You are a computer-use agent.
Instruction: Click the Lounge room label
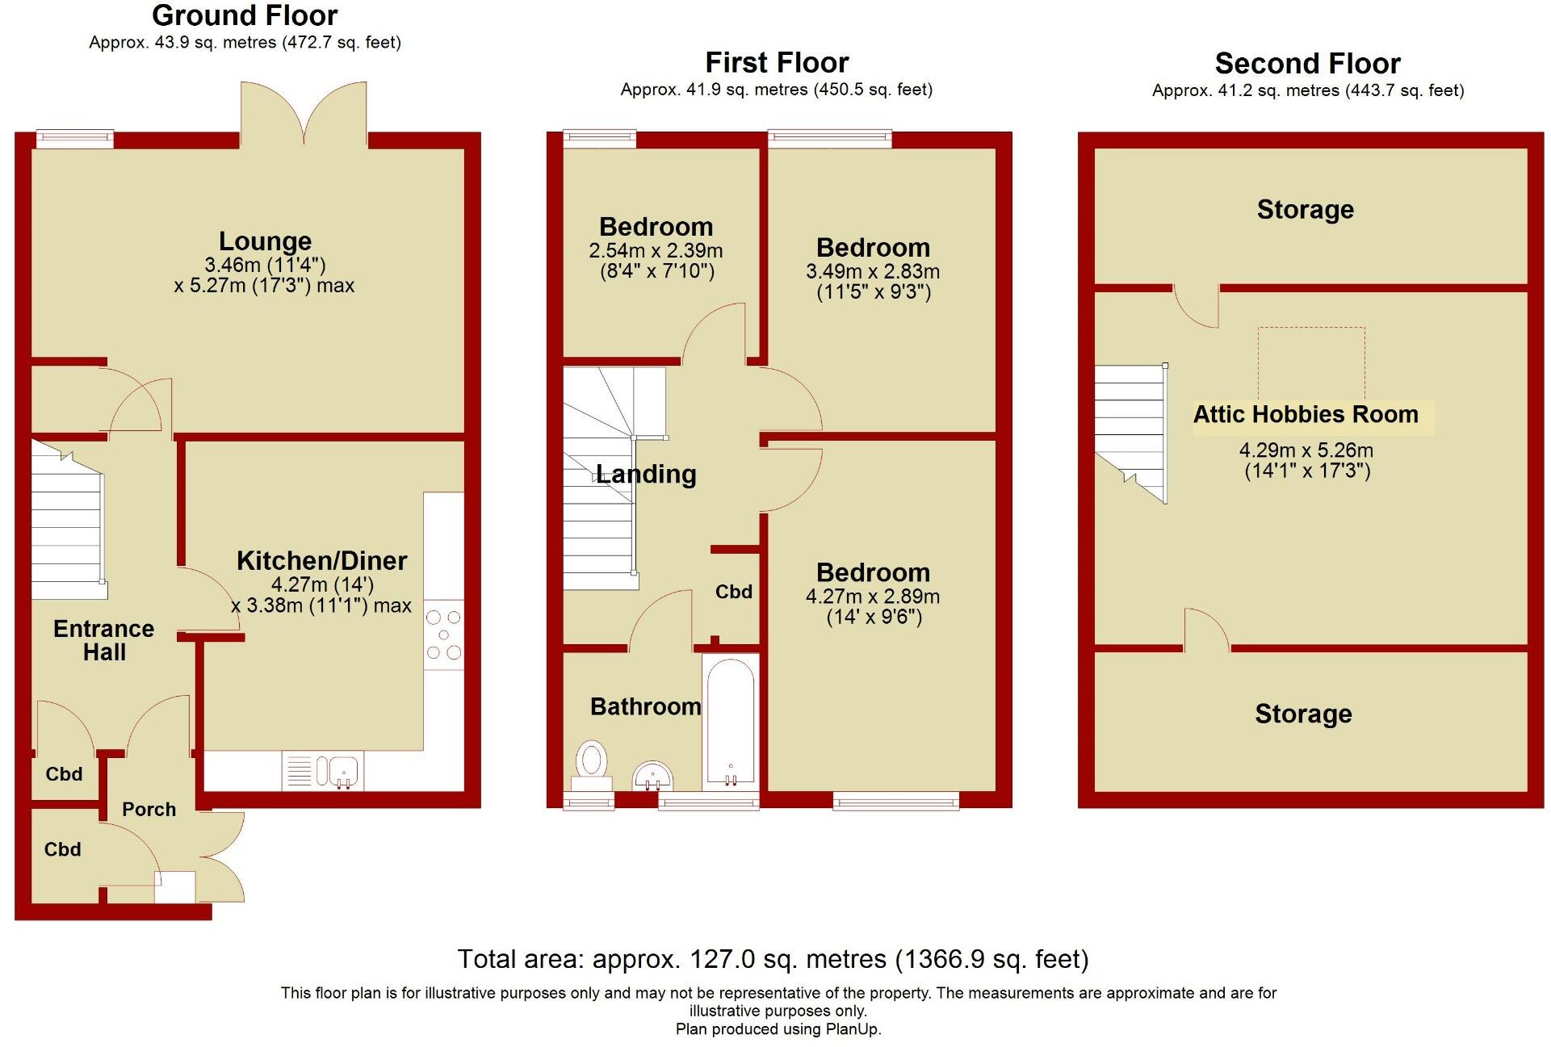(265, 241)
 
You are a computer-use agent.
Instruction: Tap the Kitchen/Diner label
(321, 561)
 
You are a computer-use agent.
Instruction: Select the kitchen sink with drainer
(323, 771)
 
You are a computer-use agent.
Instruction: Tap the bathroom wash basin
(653, 777)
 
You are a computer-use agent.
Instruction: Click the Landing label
(646, 474)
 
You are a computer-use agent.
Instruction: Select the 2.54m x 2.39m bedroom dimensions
(656, 261)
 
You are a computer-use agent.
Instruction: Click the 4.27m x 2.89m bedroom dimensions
(873, 607)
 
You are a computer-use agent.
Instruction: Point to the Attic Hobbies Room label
(1306, 415)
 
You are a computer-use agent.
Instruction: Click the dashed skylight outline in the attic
(1311, 363)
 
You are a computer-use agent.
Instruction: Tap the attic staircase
(1130, 432)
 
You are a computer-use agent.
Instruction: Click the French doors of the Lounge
(304, 113)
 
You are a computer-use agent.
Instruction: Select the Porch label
(149, 810)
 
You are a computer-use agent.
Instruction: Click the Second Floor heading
(1307, 64)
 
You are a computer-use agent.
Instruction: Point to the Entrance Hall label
(104, 640)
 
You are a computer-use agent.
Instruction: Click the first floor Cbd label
(733, 593)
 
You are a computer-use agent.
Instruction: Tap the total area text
(773, 959)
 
